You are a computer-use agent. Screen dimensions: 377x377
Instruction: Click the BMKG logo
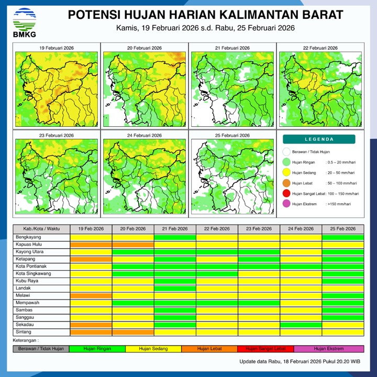point(24,22)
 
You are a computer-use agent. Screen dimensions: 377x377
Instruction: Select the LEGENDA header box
point(319,139)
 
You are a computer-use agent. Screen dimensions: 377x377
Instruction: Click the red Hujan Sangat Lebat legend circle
point(286,194)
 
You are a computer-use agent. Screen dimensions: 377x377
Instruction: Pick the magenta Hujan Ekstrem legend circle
point(286,204)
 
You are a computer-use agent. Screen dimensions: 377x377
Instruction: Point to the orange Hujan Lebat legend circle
point(286,183)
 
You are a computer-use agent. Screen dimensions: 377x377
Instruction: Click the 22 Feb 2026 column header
point(217,229)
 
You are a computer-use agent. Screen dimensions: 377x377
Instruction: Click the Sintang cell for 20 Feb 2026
point(133,332)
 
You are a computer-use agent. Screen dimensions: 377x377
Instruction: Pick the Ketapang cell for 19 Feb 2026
point(91,259)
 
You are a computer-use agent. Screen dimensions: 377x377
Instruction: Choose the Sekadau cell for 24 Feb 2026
point(301,325)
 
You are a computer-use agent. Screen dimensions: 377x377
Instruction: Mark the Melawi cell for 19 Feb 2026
point(91,295)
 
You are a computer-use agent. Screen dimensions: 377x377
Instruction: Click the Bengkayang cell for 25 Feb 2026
point(342,237)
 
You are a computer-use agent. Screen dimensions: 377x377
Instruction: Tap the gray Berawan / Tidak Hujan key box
point(41,348)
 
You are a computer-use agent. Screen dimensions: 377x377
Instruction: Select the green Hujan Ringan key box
point(97,348)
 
